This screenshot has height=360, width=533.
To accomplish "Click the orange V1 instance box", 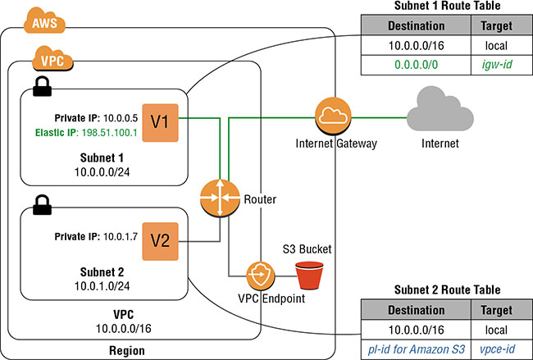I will click(159, 122).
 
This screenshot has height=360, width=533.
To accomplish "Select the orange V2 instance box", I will click(159, 240).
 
